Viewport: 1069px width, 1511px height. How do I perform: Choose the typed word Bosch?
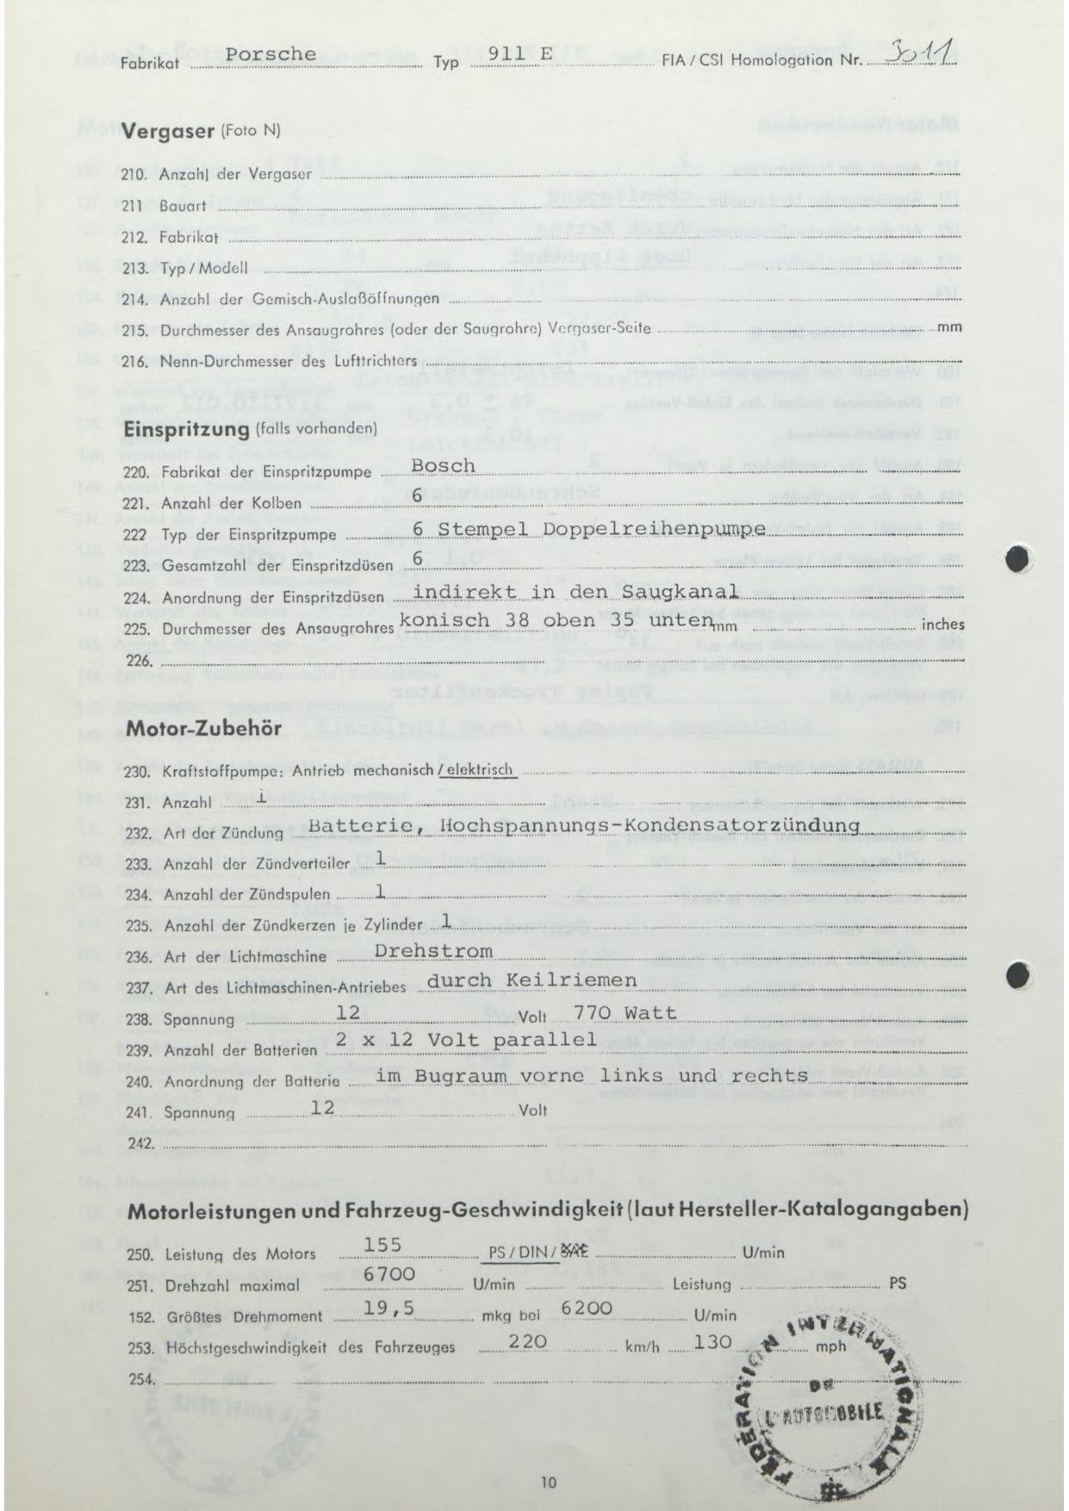[x=444, y=466]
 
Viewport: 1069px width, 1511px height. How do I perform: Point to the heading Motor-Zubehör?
[x=203, y=728]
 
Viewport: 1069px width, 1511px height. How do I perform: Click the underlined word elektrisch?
[x=477, y=769]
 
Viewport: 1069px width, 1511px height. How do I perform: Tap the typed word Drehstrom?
[x=435, y=951]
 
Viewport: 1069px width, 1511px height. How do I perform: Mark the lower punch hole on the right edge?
[x=1018, y=973]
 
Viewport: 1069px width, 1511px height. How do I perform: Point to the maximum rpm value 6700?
[x=391, y=1274]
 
